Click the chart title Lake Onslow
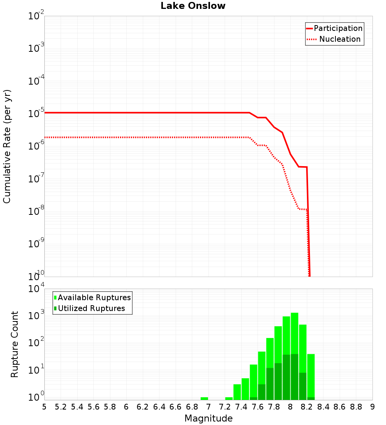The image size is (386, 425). point(193,6)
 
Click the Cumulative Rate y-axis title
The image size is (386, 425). point(7,146)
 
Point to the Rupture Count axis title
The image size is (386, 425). point(15,344)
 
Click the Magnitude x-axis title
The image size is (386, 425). point(208,418)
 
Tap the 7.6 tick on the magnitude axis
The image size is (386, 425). point(257,406)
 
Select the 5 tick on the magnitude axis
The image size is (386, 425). point(44,406)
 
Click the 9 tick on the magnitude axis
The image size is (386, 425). point(372,406)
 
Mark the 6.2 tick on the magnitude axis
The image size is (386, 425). point(143,406)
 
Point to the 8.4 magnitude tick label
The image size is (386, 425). point(323,406)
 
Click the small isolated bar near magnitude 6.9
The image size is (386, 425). point(204,398)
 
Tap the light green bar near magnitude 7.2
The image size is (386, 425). point(229,398)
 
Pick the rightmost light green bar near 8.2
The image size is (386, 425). point(311,375)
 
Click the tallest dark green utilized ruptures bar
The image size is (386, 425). point(295,377)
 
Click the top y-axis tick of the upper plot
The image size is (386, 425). point(36,16)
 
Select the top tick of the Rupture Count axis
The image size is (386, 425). point(36,289)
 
